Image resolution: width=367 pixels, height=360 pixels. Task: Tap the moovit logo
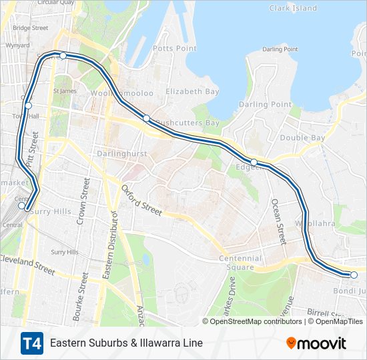pyautogui.click(x=316, y=343)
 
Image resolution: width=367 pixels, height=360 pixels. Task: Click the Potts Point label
pyautogui.click(x=174, y=49)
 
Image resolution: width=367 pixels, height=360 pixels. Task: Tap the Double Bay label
pyautogui.click(x=302, y=138)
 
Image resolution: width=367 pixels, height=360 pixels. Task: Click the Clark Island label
pyautogui.click(x=293, y=8)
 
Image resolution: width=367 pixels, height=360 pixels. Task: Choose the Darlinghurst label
pyautogui.click(x=121, y=152)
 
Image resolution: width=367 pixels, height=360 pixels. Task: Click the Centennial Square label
pyautogui.click(x=240, y=263)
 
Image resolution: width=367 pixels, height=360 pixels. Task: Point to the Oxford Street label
pyautogui.click(x=141, y=200)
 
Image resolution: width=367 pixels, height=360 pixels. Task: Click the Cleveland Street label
pyautogui.click(x=27, y=265)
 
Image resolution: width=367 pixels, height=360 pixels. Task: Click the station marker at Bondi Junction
pyautogui.click(x=354, y=275)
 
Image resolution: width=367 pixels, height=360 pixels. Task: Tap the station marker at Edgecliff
pyautogui.click(x=254, y=162)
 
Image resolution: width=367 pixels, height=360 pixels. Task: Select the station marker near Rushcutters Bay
pyautogui.click(x=146, y=118)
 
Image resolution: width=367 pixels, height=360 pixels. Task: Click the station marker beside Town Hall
pyautogui.click(x=29, y=105)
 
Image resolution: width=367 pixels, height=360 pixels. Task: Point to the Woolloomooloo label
pyautogui.click(x=123, y=93)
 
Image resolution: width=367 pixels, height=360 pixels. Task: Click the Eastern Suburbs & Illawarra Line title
pyautogui.click(x=126, y=343)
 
